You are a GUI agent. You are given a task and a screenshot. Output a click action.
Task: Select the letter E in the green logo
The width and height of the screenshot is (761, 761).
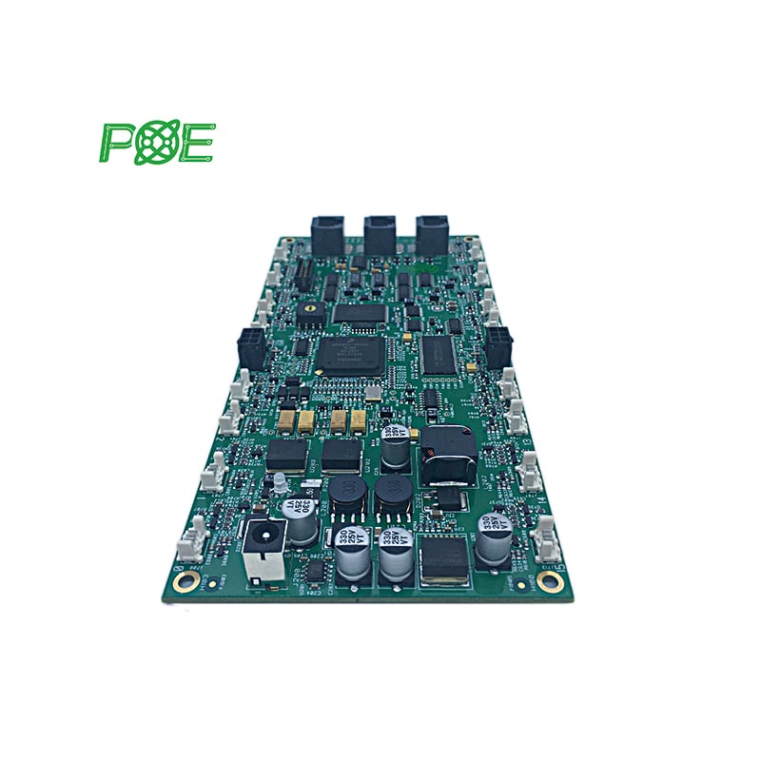pos(198,142)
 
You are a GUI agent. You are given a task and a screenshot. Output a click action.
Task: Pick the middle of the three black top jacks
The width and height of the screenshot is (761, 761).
pos(380,234)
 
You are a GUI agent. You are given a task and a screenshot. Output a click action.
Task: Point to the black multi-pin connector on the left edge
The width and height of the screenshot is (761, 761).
pos(253,347)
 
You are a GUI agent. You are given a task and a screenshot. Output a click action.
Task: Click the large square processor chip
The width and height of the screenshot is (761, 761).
pos(348,354)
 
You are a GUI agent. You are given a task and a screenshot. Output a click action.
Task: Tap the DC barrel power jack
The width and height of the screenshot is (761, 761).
pos(260,552)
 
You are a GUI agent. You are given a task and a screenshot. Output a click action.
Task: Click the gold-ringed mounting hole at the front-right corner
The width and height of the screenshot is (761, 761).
pos(549,578)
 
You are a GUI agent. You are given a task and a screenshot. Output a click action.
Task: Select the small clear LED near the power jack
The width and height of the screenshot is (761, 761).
pos(282,486)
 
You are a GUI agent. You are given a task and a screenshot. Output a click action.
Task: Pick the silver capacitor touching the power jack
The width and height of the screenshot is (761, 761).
pos(302,522)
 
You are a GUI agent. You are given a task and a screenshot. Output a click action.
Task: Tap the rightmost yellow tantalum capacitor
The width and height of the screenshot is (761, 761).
pos(358,421)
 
